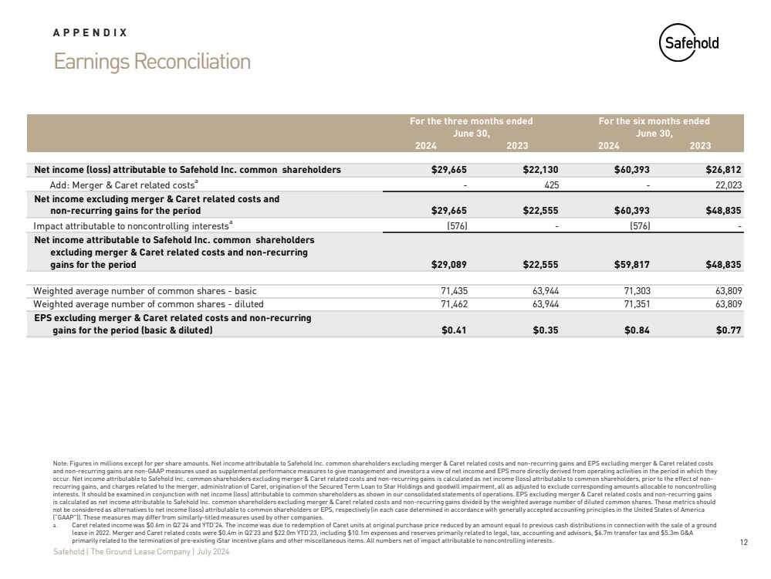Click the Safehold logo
point(689,43)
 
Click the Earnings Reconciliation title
point(152,62)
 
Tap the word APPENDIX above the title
point(90,33)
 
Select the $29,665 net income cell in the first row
point(448,169)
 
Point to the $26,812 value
point(723,169)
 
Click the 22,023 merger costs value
point(726,185)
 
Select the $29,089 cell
point(448,265)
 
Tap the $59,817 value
point(631,265)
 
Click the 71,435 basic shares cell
point(451,291)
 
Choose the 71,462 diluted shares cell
point(451,304)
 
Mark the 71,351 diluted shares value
point(635,304)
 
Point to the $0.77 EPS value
point(729,330)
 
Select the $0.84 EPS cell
point(637,330)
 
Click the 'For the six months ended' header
point(654,121)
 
